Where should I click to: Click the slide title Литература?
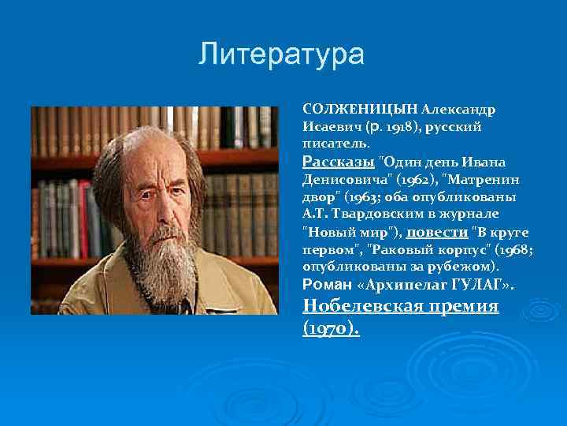coord(281,54)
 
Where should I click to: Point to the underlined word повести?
coord(437,232)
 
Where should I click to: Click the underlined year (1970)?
coord(331,328)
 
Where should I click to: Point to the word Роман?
coord(322,285)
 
